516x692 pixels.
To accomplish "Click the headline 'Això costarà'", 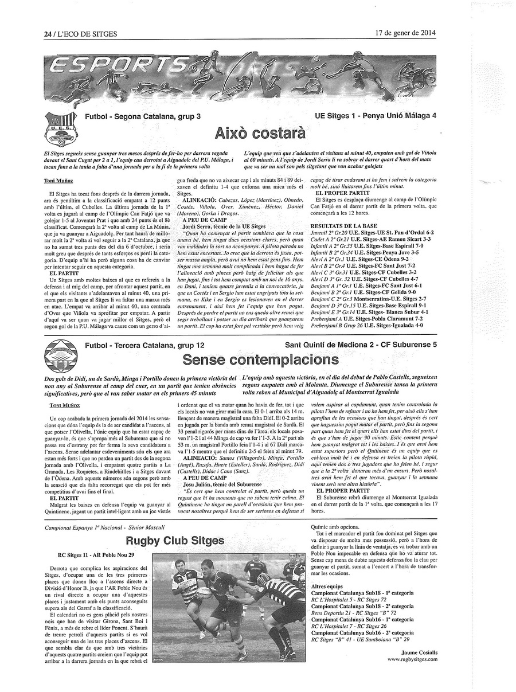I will tap(260, 134).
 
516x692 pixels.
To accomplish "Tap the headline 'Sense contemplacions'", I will tap(260, 359).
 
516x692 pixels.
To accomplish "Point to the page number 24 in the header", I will tap(48, 34).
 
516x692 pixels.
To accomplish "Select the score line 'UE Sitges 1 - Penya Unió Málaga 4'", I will tap(376, 116).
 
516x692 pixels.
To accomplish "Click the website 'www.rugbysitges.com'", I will tap(412, 659).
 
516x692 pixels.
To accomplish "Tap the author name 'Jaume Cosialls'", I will tap(419, 652).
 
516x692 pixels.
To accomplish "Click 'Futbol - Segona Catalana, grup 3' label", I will tap(143, 116).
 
